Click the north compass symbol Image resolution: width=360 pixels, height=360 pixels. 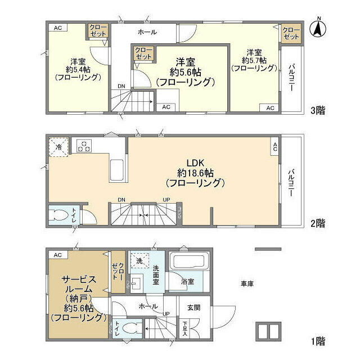(x=318, y=28)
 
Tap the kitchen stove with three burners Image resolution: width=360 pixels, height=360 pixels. (x=83, y=146)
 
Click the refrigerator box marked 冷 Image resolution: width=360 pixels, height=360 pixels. (x=59, y=147)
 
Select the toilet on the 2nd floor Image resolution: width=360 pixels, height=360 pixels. (x=58, y=216)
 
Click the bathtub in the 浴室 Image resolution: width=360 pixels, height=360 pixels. (x=189, y=262)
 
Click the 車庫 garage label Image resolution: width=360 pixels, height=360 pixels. (x=247, y=284)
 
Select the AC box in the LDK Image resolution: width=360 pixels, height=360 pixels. (x=275, y=147)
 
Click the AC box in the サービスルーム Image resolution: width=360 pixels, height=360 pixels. (x=57, y=255)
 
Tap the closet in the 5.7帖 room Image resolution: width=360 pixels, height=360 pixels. (x=290, y=33)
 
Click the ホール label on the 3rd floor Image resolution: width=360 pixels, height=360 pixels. (x=147, y=32)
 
